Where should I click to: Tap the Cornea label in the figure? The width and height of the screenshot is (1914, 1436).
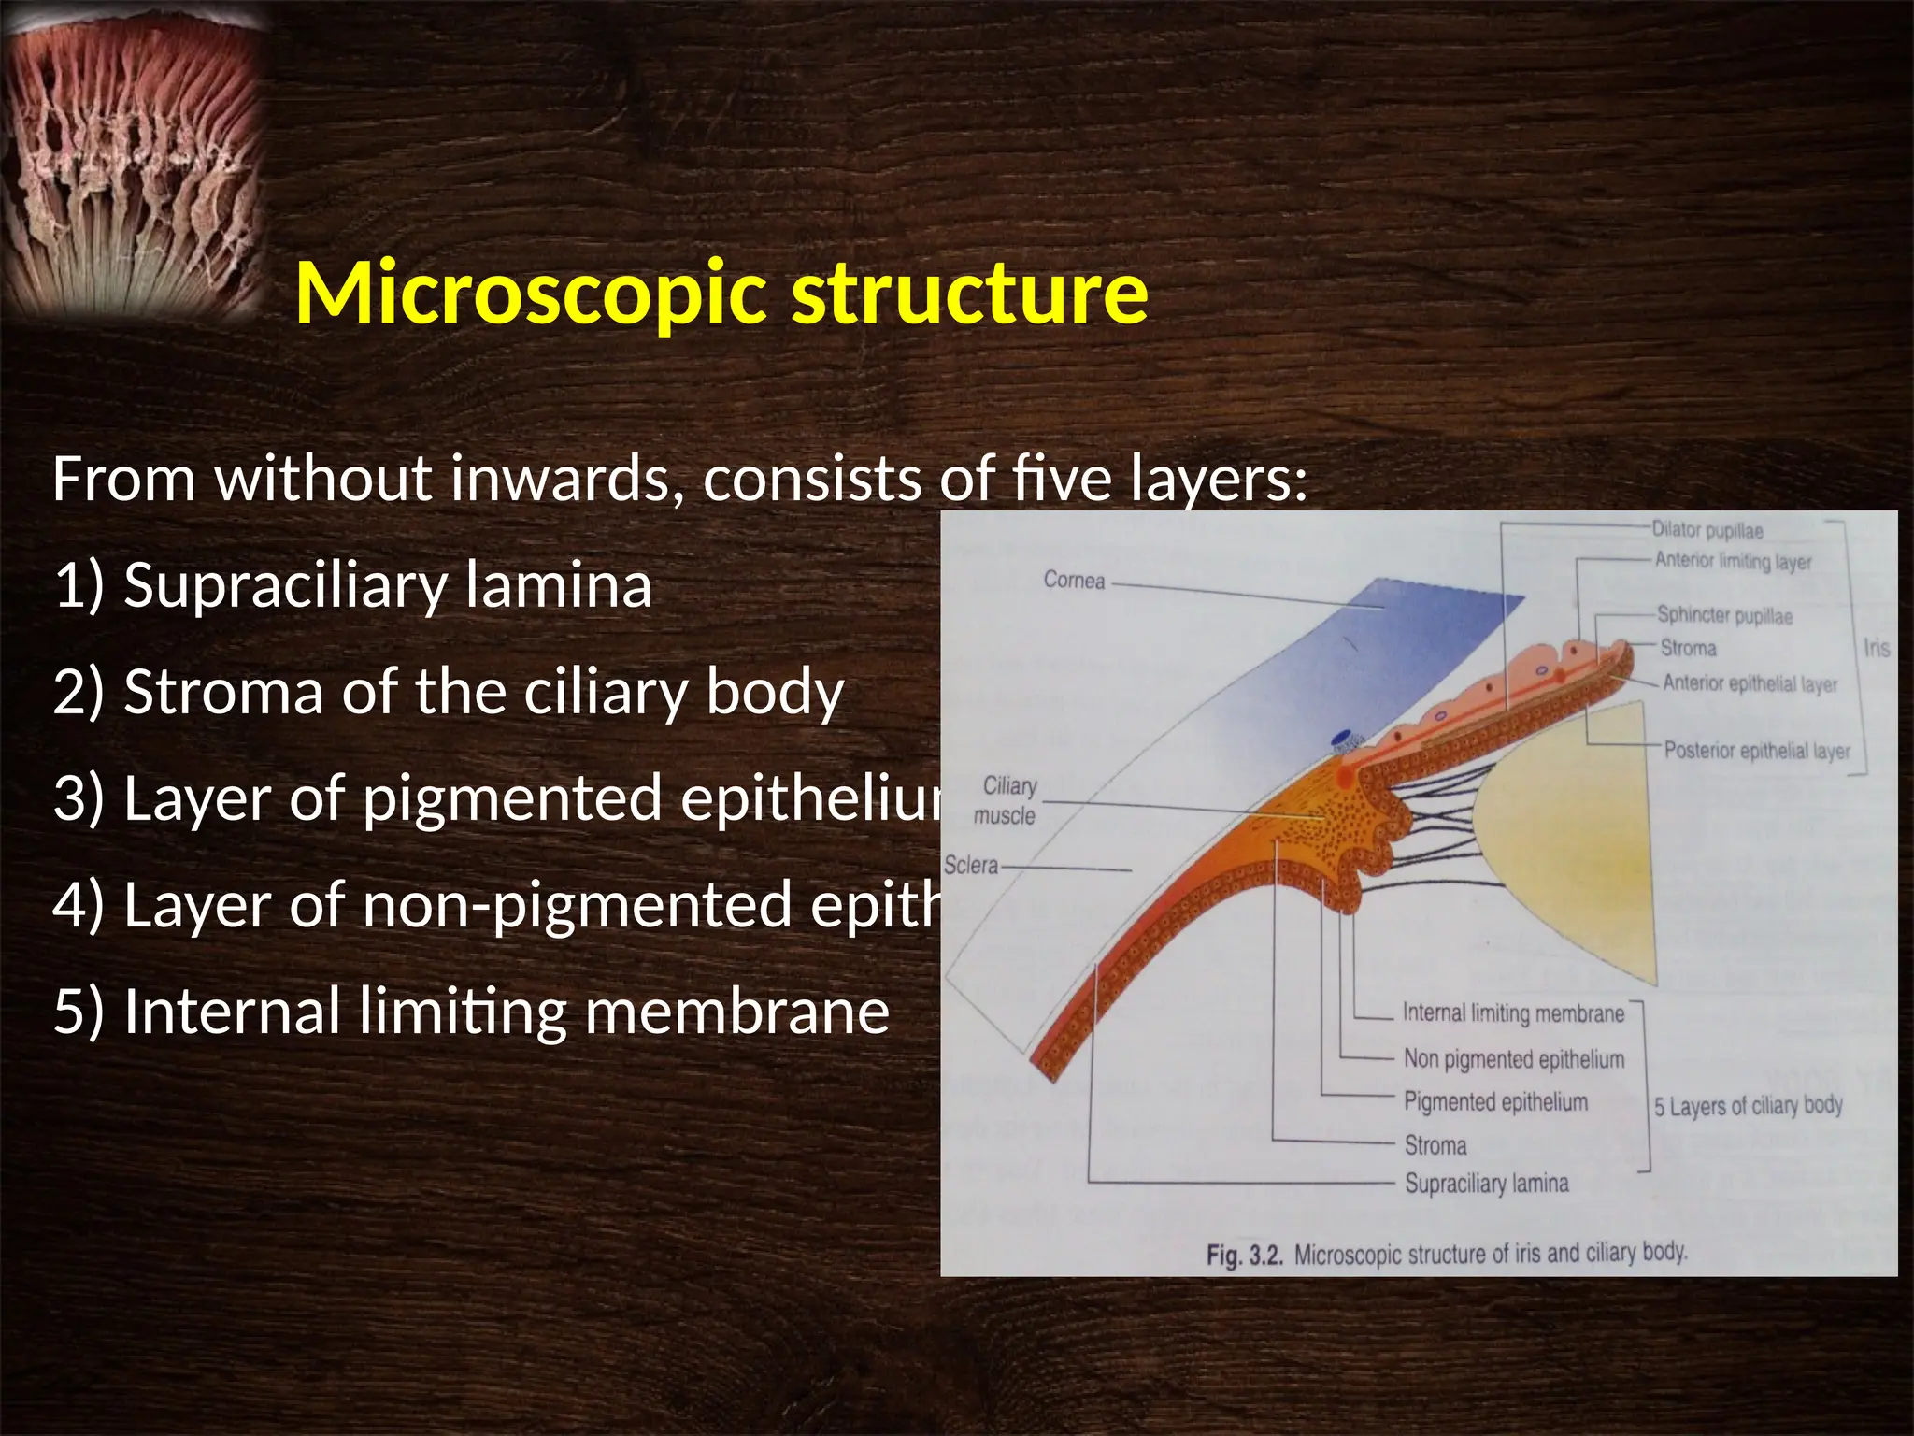click(1074, 581)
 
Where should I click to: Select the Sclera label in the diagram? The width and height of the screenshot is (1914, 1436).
click(971, 866)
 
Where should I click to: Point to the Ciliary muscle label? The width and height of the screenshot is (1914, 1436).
click(1007, 801)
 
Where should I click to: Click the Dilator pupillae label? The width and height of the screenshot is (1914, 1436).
click(1707, 530)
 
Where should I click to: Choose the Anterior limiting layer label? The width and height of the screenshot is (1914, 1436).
click(1733, 561)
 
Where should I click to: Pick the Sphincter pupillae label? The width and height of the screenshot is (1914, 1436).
click(1724, 615)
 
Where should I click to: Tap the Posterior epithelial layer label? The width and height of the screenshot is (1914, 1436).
click(1757, 751)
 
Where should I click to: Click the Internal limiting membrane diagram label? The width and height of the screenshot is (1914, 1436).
click(1513, 1013)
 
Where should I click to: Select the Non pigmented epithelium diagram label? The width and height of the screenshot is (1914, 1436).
click(1514, 1059)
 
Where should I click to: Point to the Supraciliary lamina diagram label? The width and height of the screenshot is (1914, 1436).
click(1487, 1184)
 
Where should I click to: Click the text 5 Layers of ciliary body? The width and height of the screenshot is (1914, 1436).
click(1748, 1106)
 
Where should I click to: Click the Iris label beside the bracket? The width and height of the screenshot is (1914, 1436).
click(1877, 648)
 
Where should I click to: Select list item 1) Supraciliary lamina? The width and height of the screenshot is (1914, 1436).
click(352, 586)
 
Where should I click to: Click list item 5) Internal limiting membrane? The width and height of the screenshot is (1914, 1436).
click(471, 1012)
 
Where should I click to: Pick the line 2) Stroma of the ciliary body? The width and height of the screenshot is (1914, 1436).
click(449, 693)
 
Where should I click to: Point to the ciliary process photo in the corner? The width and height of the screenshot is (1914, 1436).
click(131, 159)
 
